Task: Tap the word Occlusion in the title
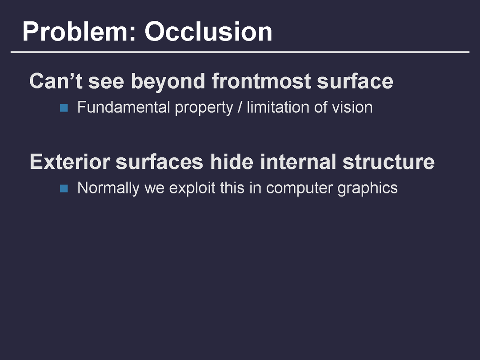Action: pos(208,32)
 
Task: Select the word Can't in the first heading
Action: pos(56,81)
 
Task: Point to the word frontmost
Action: pos(261,81)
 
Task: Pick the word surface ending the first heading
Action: pos(355,81)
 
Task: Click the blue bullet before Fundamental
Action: pos(64,108)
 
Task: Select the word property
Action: pos(204,108)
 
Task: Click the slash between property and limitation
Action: pos(240,108)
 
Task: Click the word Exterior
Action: pos(70,162)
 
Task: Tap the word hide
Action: pos(232,162)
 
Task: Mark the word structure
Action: pos(388,162)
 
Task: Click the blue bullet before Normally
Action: pos(64,188)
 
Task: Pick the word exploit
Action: pos(192,188)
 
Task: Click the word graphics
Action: pos(368,188)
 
